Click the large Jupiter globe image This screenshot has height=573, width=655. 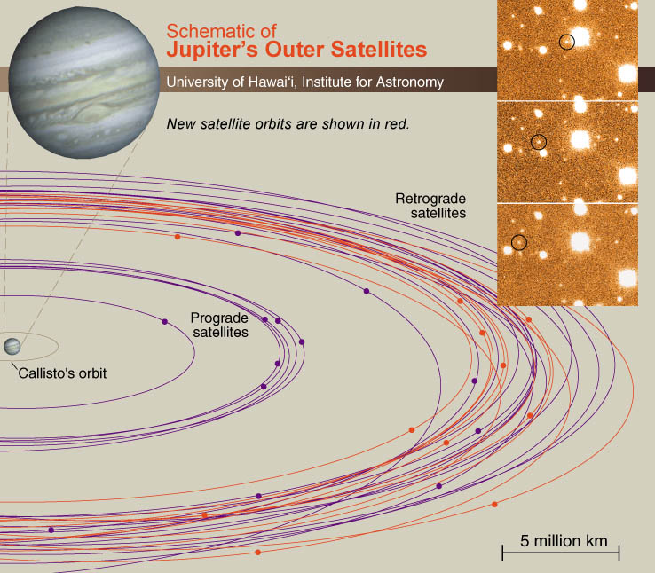tap(84, 82)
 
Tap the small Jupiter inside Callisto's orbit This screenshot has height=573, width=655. tap(12, 347)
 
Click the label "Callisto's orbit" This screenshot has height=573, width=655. tap(62, 373)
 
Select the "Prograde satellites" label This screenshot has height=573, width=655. tap(219, 326)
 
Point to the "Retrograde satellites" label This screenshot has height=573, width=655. tap(430, 206)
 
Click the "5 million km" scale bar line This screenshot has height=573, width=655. tap(561, 553)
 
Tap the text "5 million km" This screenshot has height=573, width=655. tap(564, 541)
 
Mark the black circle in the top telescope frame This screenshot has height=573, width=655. tap(567, 42)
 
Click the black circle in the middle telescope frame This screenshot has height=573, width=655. tap(539, 142)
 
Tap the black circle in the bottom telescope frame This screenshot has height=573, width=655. tap(519, 242)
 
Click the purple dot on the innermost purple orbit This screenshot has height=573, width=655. tap(164, 322)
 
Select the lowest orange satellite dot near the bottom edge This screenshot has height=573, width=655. tap(257, 553)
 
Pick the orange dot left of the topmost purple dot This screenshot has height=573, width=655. tap(178, 237)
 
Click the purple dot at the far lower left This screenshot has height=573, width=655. tap(51, 530)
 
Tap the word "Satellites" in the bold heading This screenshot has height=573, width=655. tap(379, 50)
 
